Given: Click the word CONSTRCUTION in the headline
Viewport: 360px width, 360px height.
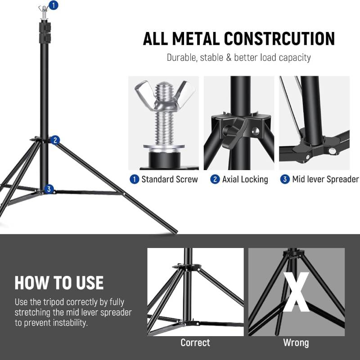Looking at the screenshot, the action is click(x=279, y=39).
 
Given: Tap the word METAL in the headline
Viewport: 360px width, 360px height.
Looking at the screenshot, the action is click(x=196, y=39).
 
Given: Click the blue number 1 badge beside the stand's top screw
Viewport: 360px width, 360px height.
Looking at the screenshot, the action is click(x=54, y=5).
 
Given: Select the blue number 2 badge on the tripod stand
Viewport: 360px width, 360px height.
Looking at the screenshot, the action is click(x=55, y=140).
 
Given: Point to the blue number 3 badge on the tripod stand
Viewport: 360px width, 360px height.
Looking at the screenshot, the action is click(x=49, y=189).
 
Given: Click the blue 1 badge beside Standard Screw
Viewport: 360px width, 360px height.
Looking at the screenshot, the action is click(x=134, y=179).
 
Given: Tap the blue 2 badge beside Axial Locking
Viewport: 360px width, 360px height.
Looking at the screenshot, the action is click(x=215, y=179).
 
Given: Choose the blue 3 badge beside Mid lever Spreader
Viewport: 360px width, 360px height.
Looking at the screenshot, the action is click(x=285, y=179).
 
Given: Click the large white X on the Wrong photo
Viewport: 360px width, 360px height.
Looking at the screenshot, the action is click(x=296, y=292).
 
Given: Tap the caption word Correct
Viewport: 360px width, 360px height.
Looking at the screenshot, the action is click(x=195, y=342).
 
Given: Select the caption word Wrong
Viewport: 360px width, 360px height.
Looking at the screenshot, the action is click(x=296, y=343).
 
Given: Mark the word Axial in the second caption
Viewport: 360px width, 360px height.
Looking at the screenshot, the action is click(x=231, y=179).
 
